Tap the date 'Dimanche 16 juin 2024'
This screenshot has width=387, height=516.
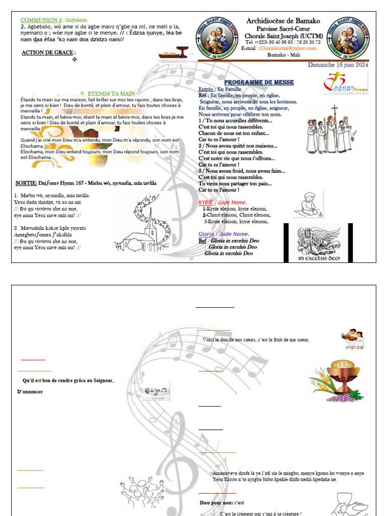point(338,64)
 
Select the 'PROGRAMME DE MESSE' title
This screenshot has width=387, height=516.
point(259,82)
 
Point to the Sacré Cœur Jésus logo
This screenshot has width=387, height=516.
point(346,83)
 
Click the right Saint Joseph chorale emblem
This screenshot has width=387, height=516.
point(347,36)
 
